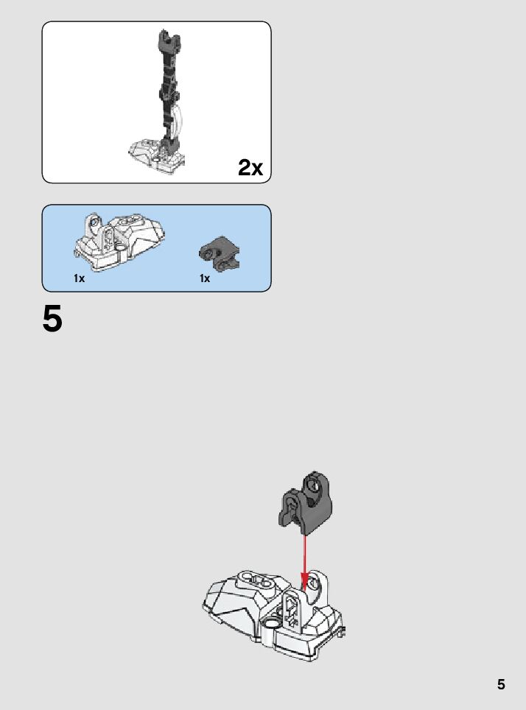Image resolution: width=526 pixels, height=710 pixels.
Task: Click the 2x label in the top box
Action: [x=250, y=168]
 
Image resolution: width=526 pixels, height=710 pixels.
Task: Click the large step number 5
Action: [x=52, y=320]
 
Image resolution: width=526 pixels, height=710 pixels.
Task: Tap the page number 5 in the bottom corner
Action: [x=501, y=683]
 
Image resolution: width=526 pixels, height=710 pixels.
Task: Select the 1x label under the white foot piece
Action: [x=79, y=279]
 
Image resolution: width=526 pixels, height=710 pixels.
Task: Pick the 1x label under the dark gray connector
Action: [x=205, y=279]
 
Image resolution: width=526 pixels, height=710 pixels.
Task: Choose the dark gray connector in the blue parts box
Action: [x=218, y=253]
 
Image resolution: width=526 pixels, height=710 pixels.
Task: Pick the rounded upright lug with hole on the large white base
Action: [x=316, y=586]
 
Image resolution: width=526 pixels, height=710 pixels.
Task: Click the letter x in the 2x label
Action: [x=256, y=169]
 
